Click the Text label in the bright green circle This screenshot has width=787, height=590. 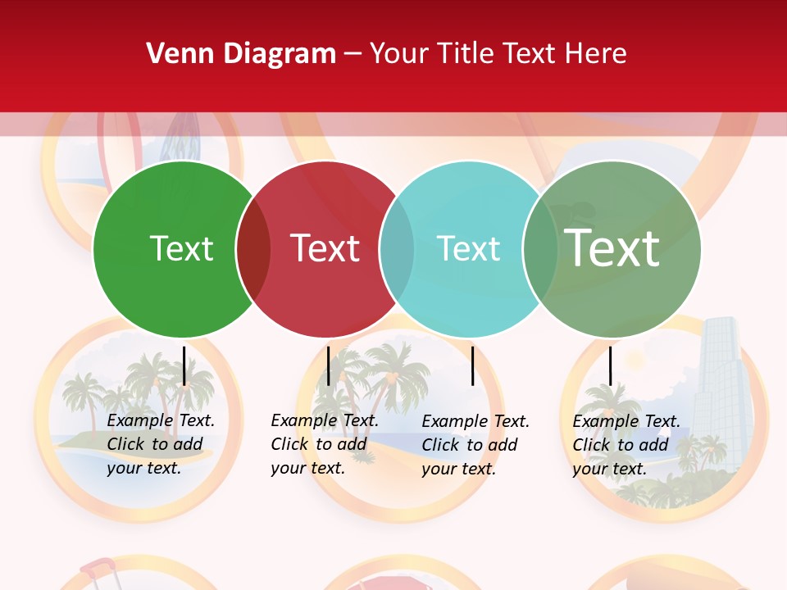(181, 248)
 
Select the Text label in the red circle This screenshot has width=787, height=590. (325, 248)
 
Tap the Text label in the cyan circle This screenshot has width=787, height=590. (468, 248)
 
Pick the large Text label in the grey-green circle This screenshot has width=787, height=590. (612, 247)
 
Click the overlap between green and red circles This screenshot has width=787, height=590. (253, 248)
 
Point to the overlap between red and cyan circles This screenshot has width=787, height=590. (397, 248)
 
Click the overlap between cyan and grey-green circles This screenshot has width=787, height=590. (540, 248)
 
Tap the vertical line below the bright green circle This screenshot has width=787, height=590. (184, 365)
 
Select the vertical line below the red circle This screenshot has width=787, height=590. (328, 365)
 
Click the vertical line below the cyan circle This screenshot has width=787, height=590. (472, 365)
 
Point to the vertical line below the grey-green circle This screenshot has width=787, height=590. (610, 365)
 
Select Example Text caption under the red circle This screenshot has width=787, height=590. (324, 444)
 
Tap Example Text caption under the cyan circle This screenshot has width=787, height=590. (475, 445)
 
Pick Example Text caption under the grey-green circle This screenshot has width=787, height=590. (626, 445)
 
